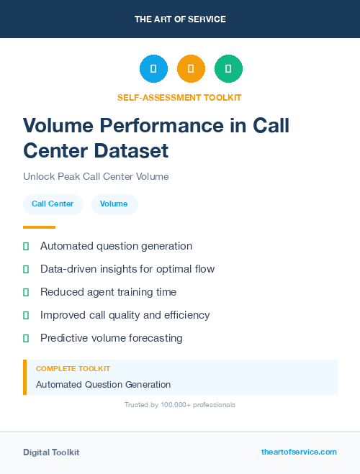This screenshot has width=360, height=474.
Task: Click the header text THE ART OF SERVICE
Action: click(x=180, y=19)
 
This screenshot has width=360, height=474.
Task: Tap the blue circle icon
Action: click(x=153, y=69)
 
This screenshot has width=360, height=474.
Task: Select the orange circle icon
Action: click(x=191, y=69)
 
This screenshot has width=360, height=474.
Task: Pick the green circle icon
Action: click(x=228, y=69)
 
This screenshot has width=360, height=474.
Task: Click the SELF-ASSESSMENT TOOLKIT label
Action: click(x=180, y=97)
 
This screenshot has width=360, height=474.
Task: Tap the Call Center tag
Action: click(x=53, y=204)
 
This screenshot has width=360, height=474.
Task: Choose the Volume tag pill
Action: click(x=114, y=204)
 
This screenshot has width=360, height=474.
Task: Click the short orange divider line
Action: click(x=39, y=227)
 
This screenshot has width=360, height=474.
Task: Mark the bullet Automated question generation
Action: click(x=116, y=246)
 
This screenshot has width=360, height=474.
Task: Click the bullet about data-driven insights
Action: click(x=127, y=269)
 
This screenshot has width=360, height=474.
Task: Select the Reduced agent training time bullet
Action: click(x=108, y=292)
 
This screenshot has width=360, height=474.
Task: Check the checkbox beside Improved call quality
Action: click(x=26, y=315)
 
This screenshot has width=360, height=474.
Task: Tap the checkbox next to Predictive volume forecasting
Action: click(x=26, y=338)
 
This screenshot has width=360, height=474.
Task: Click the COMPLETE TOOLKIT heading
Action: click(x=68, y=368)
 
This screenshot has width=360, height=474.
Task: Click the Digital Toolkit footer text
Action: click(x=51, y=452)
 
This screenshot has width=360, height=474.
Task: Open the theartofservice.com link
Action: click(x=299, y=452)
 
